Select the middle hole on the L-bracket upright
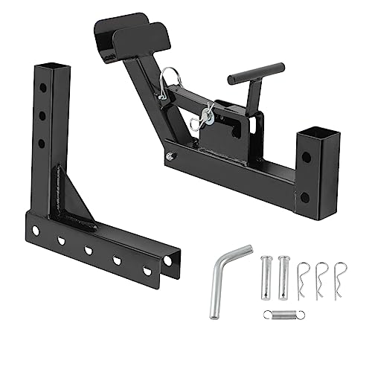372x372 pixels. pos(43,115)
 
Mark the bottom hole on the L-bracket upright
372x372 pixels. pos(42,143)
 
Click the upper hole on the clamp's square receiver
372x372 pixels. pos(306,157)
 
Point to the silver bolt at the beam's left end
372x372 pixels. pos(171,155)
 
